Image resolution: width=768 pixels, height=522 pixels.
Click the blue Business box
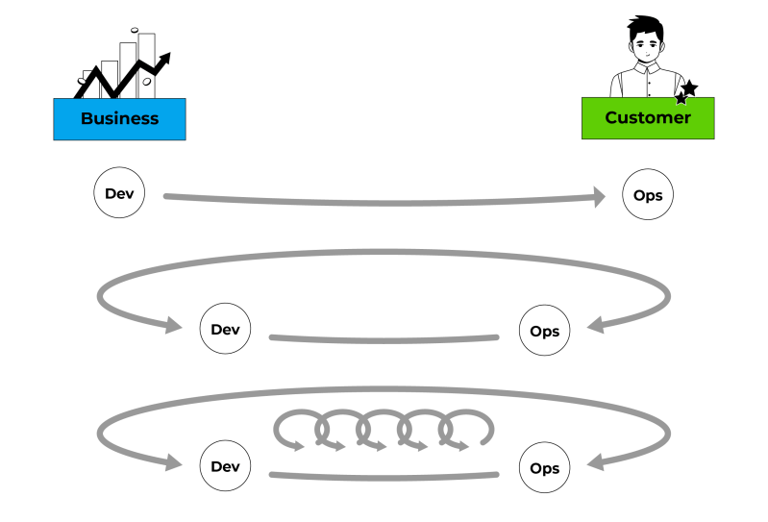pyautogui.click(x=119, y=119)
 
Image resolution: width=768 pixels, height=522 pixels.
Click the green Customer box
pyautogui.click(x=647, y=118)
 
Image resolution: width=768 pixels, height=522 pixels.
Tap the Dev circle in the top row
pyautogui.click(x=119, y=193)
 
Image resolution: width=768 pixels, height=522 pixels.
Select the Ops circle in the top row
pyautogui.click(x=648, y=196)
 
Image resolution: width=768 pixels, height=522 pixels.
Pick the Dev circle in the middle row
pyautogui.click(x=225, y=330)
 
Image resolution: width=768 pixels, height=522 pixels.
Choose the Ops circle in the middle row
pyautogui.click(x=544, y=331)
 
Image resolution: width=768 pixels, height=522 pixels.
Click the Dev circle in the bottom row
pyautogui.click(x=225, y=467)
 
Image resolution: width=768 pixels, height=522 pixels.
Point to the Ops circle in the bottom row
pyautogui.click(x=544, y=469)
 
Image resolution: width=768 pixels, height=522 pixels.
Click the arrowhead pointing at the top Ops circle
pyautogui.click(x=598, y=197)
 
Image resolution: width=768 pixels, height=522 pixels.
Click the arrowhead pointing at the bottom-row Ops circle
pyautogui.click(x=597, y=463)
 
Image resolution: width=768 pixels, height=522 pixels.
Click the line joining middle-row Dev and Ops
pyautogui.click(x=384, y=339)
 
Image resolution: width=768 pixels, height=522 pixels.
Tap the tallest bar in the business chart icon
pyautogui.click(x=146, y=62)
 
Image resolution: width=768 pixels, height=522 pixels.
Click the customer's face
pyautogui.click(x=647, y=44)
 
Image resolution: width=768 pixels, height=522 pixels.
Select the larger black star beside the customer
pyautogui.click(x=689, y=87)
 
